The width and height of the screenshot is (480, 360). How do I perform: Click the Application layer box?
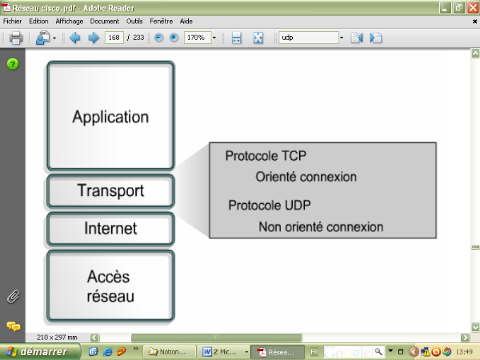[110, 116]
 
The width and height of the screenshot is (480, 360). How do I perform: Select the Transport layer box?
[110, 191]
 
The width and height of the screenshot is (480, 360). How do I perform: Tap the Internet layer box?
[110, 229]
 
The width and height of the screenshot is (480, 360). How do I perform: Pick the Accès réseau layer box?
[110, 286]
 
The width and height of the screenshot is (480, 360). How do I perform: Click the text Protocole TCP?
[266, 156]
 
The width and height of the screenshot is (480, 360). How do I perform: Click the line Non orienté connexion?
[321, 227]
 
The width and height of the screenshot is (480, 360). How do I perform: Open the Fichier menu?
[14, 21]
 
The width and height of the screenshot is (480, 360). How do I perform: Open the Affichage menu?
[70, 21]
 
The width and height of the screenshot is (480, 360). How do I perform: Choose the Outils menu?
[134, 21]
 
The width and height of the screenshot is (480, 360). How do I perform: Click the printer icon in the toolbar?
[15, 38]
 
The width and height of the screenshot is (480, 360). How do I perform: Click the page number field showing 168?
[114, 38]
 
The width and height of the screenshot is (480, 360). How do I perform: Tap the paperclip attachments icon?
[13, 297]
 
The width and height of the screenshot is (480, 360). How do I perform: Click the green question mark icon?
[13, 64]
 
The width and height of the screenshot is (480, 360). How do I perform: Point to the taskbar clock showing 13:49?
[464, 351]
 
